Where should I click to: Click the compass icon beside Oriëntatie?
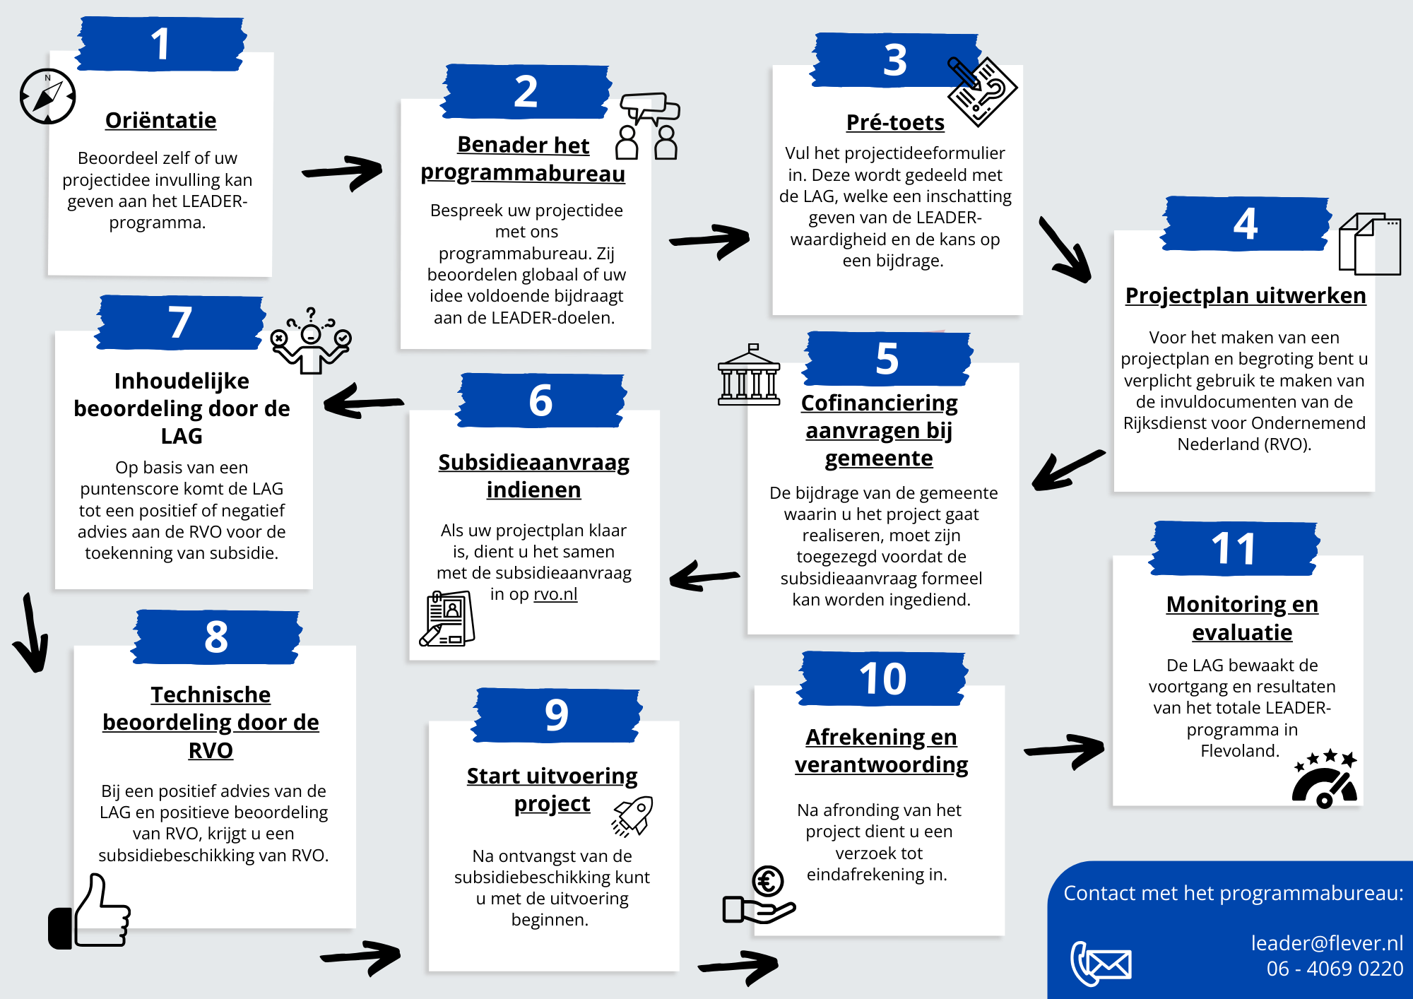coord(47,97)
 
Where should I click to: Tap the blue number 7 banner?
coord(180,323)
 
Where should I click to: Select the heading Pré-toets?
coord(894,122)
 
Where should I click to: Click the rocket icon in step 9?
coord(633,816)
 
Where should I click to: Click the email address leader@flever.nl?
coord(1326,942)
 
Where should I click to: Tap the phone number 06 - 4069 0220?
coord(1334,968)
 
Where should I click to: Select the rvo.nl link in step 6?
coord(555,594)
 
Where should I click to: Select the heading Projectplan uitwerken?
coord(1245,295)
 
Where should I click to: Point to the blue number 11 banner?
coord(1234,549)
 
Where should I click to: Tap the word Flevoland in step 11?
coord(1240,750)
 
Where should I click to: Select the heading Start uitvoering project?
coord(552,789)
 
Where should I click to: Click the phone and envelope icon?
coord(1100,963)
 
